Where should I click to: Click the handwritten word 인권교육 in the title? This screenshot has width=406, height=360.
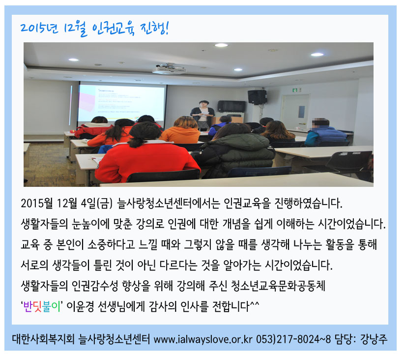click(x=114, y=29)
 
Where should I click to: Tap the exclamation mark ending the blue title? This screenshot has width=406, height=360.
click(x=167, y=28)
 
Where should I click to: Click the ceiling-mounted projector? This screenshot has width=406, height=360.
click(x=170, y=68)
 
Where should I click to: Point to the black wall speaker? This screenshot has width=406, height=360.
click(x=257, y=97)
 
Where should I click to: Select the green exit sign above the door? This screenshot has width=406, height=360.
click(x=294, y=90)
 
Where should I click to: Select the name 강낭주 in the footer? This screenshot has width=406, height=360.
click(x=374, y=339)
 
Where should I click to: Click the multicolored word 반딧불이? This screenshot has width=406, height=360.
click(x=41, y=307)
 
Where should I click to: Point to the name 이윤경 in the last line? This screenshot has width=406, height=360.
click(x=80, y=307)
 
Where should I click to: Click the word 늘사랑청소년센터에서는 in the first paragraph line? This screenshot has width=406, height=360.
click(x=168, y=203)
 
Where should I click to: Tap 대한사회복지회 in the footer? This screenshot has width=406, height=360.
click(x=43, y=339)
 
